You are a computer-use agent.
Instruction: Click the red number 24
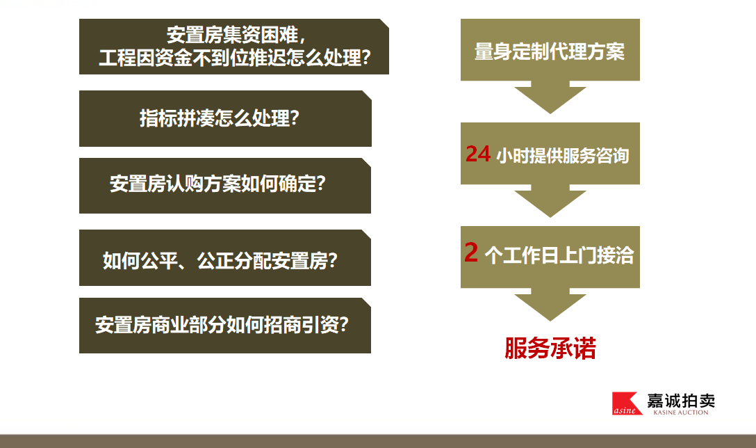[x=478, y=154]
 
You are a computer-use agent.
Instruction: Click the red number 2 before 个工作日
[x=471, y=253]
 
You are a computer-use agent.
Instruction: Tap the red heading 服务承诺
[x=550, y=348]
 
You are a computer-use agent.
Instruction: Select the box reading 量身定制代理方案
[x=550, y=49]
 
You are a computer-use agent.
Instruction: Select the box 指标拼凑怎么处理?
[x=225, y=118]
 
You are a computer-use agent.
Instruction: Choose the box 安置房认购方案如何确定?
[x=225, y=185]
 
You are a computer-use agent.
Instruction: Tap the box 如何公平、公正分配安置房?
[x=225, y=257]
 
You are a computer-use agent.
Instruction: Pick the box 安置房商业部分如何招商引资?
[x=225, y=326]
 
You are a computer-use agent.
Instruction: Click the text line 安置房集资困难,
[x=236, y=35]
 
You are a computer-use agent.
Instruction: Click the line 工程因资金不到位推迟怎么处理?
[x=235, y=58]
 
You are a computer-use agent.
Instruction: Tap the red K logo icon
[x=627, y=403]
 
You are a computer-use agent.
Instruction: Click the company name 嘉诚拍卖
[x=681, y=401]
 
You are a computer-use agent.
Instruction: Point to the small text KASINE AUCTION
[x=681, y=413]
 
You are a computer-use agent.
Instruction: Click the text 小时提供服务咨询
[x=563, y=155]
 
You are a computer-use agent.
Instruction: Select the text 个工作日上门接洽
[x=559, y=255]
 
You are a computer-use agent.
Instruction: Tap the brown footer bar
[x=378, y=441]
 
